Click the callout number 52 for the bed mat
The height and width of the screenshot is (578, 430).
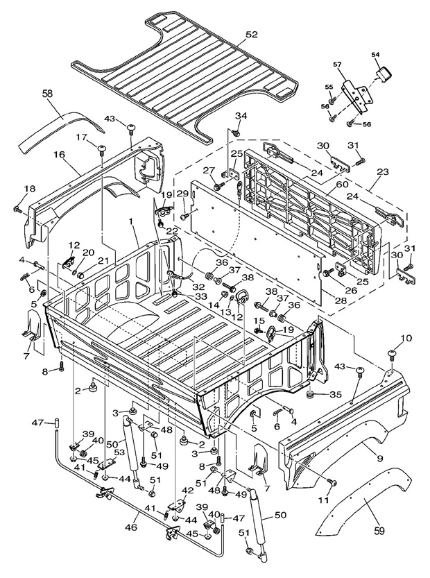251,34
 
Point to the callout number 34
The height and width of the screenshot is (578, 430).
239,115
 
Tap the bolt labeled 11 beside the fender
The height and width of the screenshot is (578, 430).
332,481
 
